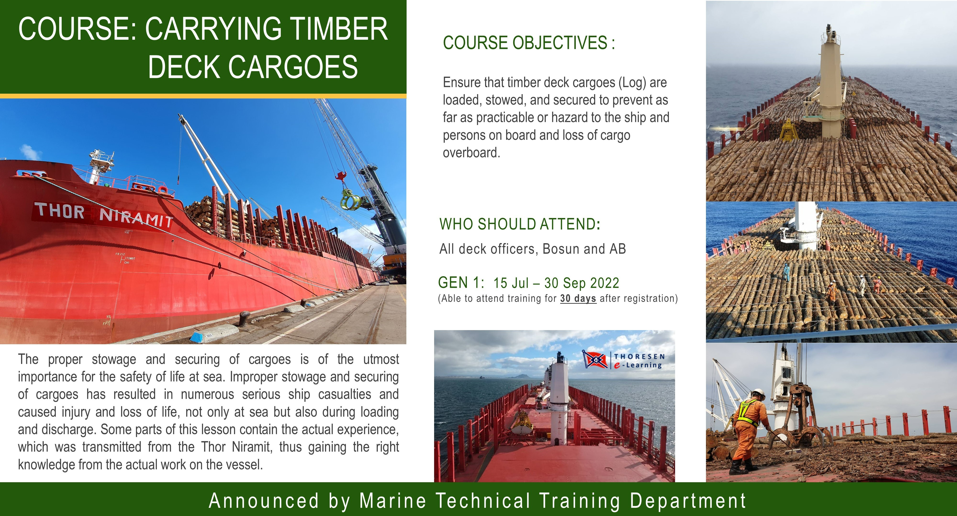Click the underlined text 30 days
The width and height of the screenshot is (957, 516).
[578, 298]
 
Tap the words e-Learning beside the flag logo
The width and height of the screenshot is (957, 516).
[638, 365]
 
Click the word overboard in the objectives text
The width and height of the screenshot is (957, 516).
[471, 152]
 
